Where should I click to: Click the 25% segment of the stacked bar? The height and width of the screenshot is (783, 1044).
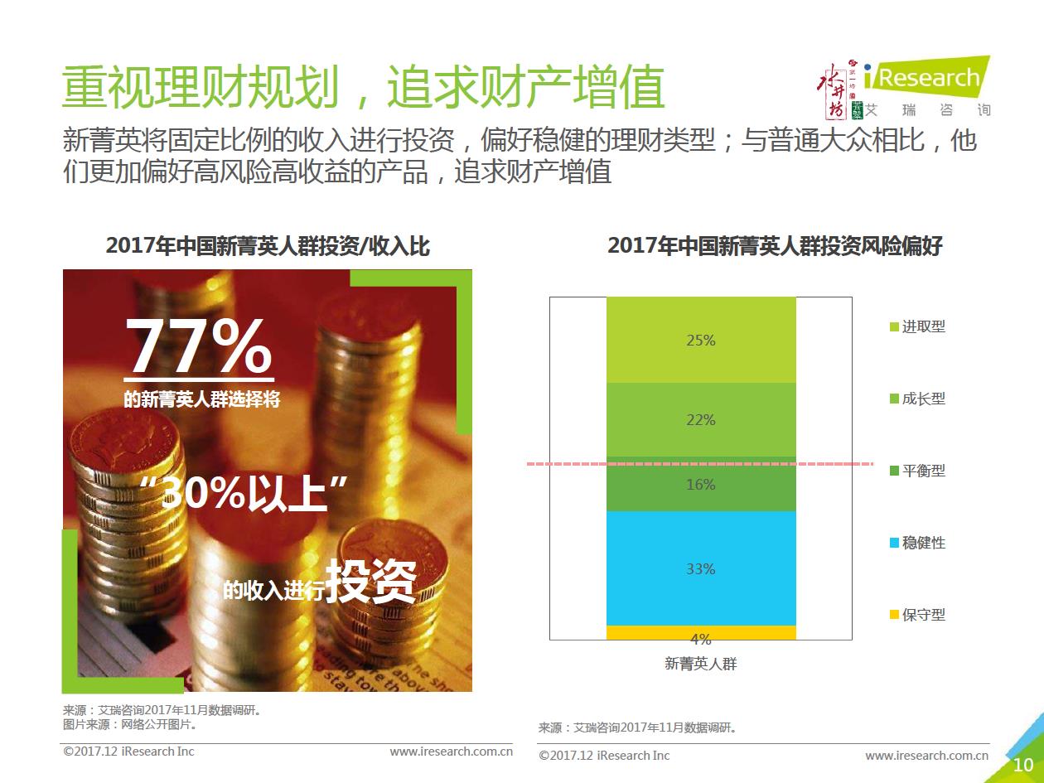701,340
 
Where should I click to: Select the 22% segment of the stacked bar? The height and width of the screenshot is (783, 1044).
701,419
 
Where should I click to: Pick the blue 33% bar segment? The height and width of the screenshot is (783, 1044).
701,568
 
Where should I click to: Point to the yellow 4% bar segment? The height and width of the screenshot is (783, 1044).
701,633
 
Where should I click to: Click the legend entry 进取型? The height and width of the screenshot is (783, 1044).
917,326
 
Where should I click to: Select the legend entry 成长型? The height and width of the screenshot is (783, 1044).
917,399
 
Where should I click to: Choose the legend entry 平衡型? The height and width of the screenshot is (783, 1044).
917,471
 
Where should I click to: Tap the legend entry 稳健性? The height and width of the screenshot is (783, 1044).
917,543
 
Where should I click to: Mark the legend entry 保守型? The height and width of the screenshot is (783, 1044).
917,615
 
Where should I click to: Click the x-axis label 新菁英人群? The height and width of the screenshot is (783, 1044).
701,664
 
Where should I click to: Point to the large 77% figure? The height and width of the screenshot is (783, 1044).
199,348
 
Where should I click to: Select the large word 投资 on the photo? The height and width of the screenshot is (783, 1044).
370,581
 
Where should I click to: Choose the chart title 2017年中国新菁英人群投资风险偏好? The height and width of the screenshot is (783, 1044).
775,246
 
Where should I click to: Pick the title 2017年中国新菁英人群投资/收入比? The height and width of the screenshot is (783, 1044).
268,246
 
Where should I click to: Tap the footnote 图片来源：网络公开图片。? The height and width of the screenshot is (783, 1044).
130,724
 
